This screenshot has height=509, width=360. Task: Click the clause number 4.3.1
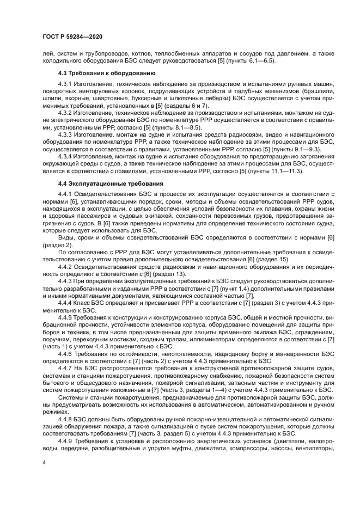pos(65,85)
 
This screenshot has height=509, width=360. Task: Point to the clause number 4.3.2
pos(65,113)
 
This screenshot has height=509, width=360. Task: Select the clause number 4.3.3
pos(65,134)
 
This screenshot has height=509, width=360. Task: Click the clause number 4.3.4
pos(65,156)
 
